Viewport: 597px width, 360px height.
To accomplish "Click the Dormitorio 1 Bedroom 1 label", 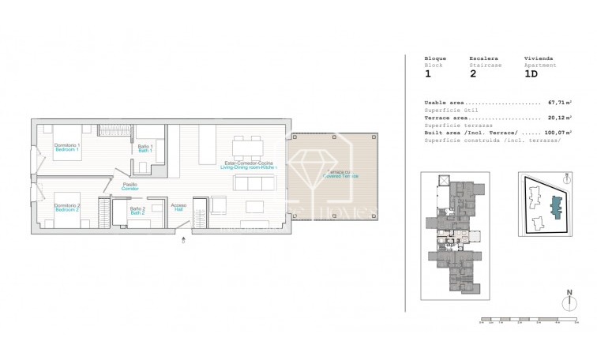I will tap(66, 148).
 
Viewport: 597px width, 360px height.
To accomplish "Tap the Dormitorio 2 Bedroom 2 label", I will tap(66, 208).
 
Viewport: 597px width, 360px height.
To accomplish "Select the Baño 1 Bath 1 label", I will tap(145, 148).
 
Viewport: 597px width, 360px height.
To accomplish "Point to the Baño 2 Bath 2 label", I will tap(137, 211).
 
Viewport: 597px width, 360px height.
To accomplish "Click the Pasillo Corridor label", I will tap(130, 187).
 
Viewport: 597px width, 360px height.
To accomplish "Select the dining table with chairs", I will tap(247, 147).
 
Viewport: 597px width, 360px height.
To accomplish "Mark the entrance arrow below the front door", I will tap(185, 241).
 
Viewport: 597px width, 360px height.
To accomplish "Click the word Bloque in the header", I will tap(435, 58).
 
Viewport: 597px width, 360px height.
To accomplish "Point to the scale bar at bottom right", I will tap(530, 321).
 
